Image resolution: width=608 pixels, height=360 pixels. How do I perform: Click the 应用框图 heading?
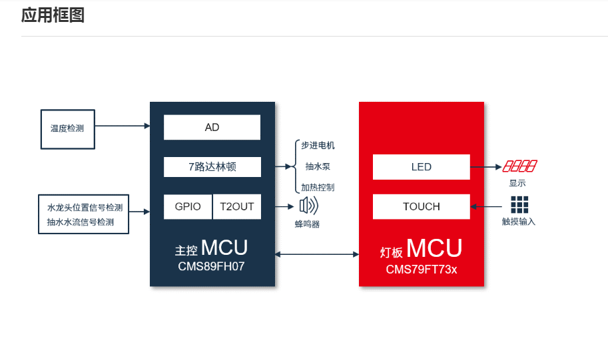[53, 15]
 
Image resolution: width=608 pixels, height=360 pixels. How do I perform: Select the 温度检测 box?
[67, 128]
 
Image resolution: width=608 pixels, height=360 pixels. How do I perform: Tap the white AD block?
[212, 127]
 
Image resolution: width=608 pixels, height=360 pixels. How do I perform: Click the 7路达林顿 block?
[212, 167]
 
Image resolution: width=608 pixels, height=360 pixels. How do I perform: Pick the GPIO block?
[188, 206]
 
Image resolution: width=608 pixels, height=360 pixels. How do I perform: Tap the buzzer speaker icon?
[308, 206]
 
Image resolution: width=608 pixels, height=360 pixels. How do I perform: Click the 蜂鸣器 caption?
[307, 224]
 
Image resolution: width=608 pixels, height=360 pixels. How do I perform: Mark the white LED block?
[421, 167]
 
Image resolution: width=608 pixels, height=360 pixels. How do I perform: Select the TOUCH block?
[421, 206]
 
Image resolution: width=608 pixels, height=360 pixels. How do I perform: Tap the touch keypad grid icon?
[519, 204]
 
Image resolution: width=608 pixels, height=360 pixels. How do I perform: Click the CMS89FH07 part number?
[212, 266]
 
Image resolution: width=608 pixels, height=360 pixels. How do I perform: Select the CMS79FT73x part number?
[421, 270]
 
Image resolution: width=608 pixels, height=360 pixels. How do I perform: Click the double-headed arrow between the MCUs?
[317, 254]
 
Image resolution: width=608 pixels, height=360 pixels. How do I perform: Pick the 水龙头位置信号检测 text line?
[85, 207]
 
